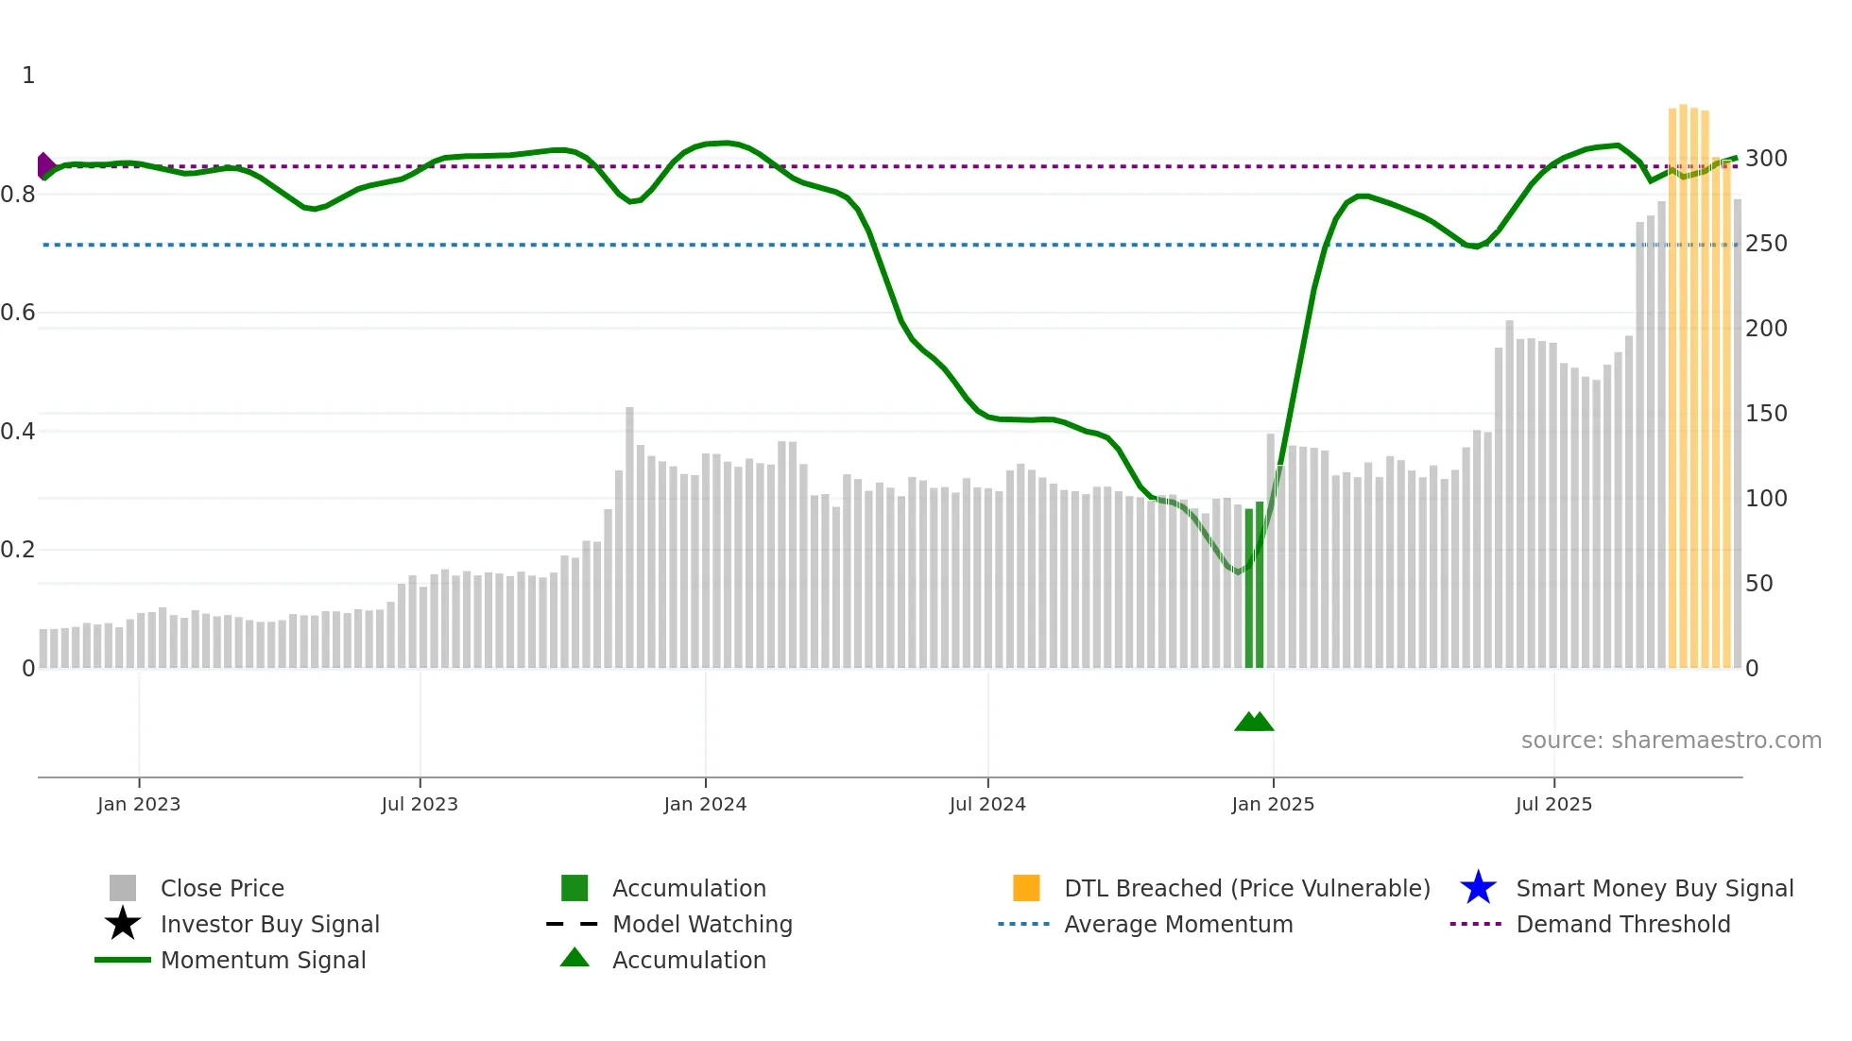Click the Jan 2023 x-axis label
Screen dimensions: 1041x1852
tap(139, 804)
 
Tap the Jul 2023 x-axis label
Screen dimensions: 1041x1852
tap(420, 804)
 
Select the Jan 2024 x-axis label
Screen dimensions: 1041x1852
tap(705, 804)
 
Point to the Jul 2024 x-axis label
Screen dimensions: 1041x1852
tap(987, 804)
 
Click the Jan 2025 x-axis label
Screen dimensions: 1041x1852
tap(1273, 804)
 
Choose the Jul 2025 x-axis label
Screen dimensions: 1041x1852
tap(1553, 804)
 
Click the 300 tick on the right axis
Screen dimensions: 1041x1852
tap(1766, 159)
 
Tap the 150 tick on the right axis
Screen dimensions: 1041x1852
tap(1766, 414)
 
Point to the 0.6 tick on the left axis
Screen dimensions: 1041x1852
tap(18, 313)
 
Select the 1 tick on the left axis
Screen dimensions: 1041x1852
tap(28, 76)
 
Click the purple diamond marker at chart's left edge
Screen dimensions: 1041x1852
tap(44, 166)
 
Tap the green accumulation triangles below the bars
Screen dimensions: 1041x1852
tap(1254, 722)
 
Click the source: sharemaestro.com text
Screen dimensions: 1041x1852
tap(1671, 741)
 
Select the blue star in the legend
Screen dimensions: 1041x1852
tap(1478, 888)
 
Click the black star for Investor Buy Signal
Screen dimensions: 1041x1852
tap(123, 924)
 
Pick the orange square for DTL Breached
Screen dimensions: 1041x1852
tap(1026, 888)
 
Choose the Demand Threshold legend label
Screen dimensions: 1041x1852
tap(1622, 924)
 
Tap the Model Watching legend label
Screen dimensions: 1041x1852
tap(702, 924)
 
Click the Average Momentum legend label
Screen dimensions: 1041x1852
tap(1178, 924)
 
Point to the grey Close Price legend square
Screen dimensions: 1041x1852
tap(123, 888)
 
